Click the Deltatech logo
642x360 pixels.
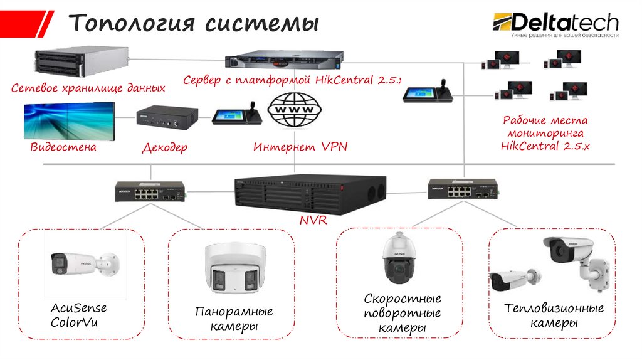coord(555,24)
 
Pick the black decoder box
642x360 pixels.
coord(166,117)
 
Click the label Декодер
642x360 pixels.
coord(165,147)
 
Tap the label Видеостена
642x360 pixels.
coord(63,147)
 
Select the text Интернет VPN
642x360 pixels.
coord(300,147)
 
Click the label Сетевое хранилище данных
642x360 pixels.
coord(88,88)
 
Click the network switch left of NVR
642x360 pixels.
coord(149,191)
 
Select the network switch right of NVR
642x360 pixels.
coord(463,189)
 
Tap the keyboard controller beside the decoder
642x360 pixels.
coord(233,114)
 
